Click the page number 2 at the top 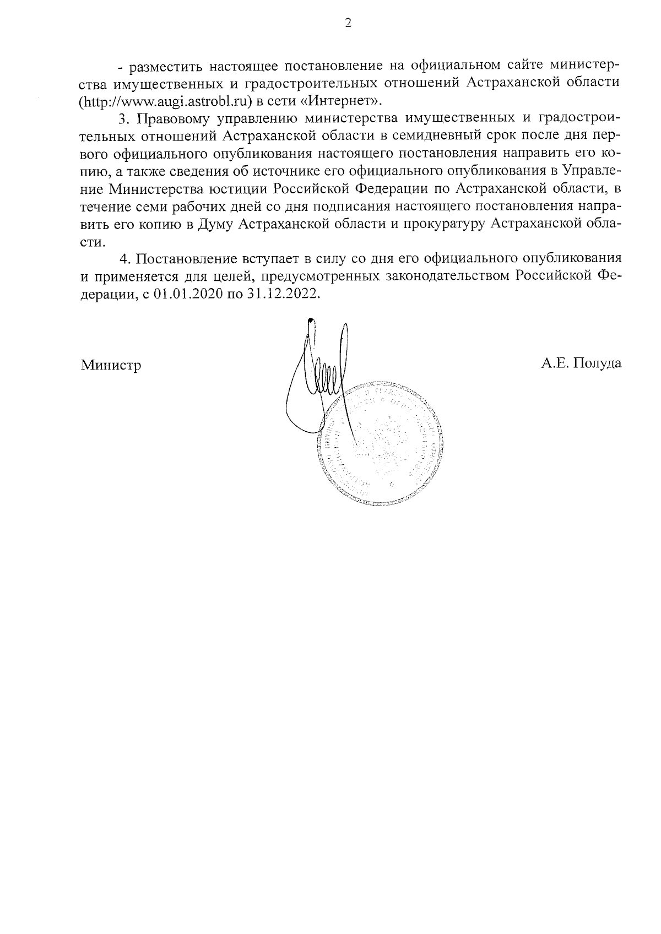347,24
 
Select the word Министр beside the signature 111,365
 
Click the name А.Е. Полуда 581,363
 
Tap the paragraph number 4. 124,258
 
